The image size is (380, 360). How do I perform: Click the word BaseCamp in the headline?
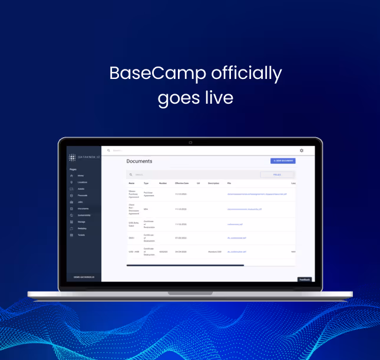(x=157, y=74)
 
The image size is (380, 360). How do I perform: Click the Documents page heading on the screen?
(x=139, y=161)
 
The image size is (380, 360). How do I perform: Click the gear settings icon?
(x=302, y=151)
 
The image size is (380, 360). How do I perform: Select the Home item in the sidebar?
(x=81, y=176)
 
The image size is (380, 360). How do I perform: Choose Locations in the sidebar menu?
(x=82, y=182)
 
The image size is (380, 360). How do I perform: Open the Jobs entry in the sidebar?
(x=80, y=202)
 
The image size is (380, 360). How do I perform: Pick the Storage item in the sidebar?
(x=81, y=222)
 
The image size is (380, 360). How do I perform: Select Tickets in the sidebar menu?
(x=81, y=235)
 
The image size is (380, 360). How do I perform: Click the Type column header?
(x=146, y=183)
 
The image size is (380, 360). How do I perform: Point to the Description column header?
(x=213, y=183)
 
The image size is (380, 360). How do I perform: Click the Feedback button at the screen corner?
(x=304, y=279)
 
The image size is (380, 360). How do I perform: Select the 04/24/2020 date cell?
(x=180, y=252)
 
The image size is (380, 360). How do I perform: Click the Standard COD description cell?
(x=214, y=252)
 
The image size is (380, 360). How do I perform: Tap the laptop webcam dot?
(x=190, y=142)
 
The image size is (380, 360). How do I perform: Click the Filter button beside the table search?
(x=277, y=174)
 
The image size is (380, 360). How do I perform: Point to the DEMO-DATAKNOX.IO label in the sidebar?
(x=84, y=276)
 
